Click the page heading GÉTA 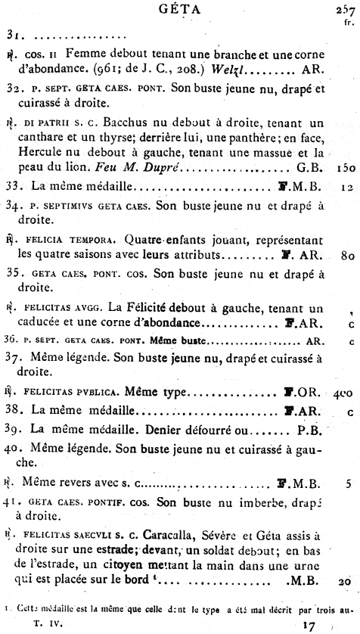179,10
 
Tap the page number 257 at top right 345,10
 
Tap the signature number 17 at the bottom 306,626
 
